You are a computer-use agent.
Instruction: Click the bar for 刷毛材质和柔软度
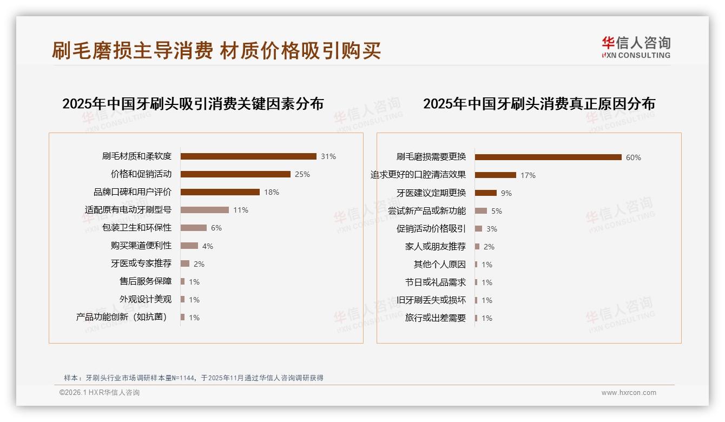[x=248, y=156]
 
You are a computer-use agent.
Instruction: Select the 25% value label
[x=302, y=174]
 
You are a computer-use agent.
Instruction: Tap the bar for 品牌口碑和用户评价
[x=220, y=192]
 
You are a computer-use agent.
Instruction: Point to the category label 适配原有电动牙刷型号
[x=128, y=210]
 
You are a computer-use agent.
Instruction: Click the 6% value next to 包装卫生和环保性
[x=216, y=228]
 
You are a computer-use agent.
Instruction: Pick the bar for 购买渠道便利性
[x=189, y=246]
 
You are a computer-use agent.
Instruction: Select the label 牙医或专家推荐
[x=141, y=263]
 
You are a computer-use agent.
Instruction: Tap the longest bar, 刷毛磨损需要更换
[x=548, y=157]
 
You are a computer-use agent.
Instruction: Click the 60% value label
[x=634, y=157]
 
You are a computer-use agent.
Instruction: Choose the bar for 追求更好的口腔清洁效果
[x=496, y=175]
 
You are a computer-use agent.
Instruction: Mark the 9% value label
[x=506, y=193]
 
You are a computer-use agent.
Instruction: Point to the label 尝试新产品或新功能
[x=427, y=211]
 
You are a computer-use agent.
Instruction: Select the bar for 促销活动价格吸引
[x=478, y=229]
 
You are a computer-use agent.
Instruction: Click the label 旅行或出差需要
[x=436, y=318]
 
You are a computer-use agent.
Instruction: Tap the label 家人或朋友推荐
[x=436, y=247]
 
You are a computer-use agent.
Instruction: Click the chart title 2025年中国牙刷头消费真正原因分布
[x=539, y=103]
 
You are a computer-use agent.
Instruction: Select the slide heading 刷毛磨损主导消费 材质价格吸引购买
[x=216, y=50]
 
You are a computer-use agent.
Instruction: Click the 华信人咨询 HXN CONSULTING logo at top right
[x=636, y=47]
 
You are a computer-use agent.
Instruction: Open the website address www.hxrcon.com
[x=629, y=393]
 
